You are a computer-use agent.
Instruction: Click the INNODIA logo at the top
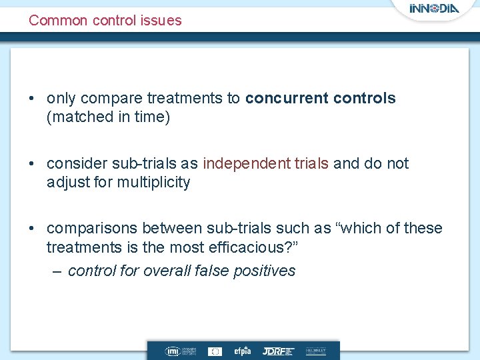pyautogui.click(x=434, y=9)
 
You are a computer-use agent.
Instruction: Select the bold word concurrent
pyautogui.click(x=285, y=99)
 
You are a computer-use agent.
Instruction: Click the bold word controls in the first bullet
pyautogui.click(x=364, y=99)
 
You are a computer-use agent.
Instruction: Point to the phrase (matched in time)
pyautogui.click(x=108, y=118)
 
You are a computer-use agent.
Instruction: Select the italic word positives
pyautogui.click(x=265, y=271)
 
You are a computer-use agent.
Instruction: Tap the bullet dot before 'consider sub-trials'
pyautogui.click(x=33, y=164)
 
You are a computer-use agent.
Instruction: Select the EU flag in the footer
pyautogui.click(x=215, y=351)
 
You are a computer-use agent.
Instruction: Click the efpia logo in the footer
pyautogui.click(x=241, y=351)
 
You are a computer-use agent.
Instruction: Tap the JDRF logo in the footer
pyautogui.click(x=277, y=351)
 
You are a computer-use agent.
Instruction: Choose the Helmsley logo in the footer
pyautogui.click(x=316, y=351)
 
